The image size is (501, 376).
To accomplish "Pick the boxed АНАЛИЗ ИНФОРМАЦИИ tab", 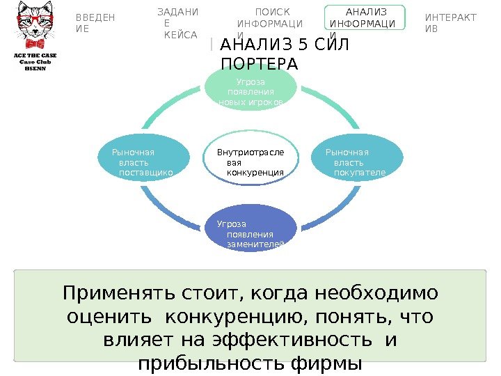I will (x=363, y=23).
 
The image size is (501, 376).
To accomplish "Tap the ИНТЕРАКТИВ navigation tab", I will (x=450, y=23).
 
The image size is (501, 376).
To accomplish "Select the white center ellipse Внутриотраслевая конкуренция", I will (x=250, y=162).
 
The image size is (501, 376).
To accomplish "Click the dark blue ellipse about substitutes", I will (x=250, y=235).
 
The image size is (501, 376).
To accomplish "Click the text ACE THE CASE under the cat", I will (x=35, y=54).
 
